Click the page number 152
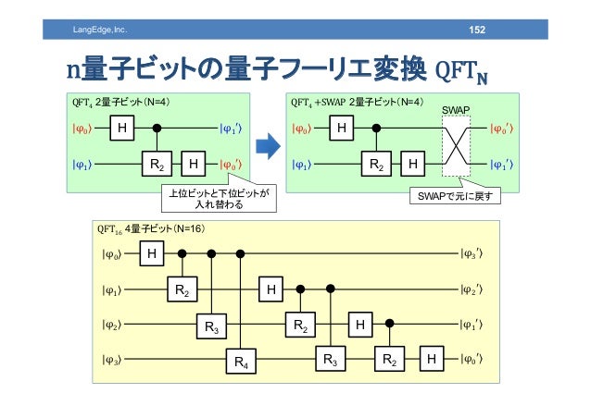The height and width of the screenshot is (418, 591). click(476, 31)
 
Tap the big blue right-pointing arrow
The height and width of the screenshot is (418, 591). click(268, 145)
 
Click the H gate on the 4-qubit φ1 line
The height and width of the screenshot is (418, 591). click(271, 289)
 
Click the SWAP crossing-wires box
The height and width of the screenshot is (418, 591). click(455, 146)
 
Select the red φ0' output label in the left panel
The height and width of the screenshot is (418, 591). click(233, 165)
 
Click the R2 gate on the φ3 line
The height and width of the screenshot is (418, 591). click(388, 359)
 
